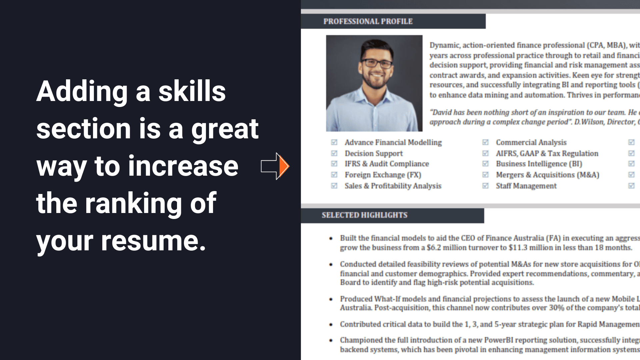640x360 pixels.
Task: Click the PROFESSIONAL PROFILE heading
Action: pos(368,21)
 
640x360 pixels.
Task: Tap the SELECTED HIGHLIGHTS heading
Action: pos(364,215)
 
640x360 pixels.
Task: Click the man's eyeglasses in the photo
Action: pos(377,63)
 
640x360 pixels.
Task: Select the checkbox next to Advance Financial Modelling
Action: pos(334,142)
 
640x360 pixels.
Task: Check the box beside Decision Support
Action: pos(334,153)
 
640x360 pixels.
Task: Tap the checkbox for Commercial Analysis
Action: pos(485,142)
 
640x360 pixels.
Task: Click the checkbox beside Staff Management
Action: pos(485,186)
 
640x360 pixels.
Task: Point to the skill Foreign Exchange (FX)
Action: pos(383,175)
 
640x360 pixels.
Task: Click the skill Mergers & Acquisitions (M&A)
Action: pos(547,175)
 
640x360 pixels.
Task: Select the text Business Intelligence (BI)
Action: pos(539,164)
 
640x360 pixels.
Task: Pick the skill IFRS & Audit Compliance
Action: pos(387,164)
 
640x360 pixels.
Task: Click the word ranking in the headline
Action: pos(133,203)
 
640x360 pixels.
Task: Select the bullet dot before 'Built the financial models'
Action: pos(331,238)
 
